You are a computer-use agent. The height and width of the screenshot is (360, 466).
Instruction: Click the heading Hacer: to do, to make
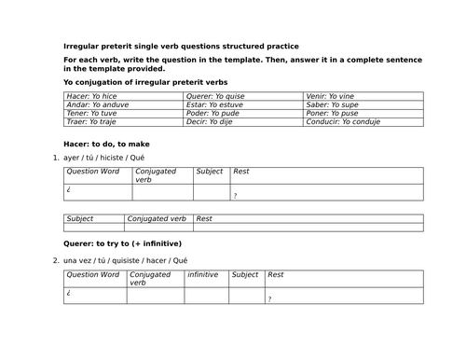[x=106, y=144]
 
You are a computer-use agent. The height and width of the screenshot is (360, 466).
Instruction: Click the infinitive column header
[x=203, y=275]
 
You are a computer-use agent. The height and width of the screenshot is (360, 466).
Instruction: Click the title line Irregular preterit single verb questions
[x=182, y=45]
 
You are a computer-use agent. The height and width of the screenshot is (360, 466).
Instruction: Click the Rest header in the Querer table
[x=276, y=275]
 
